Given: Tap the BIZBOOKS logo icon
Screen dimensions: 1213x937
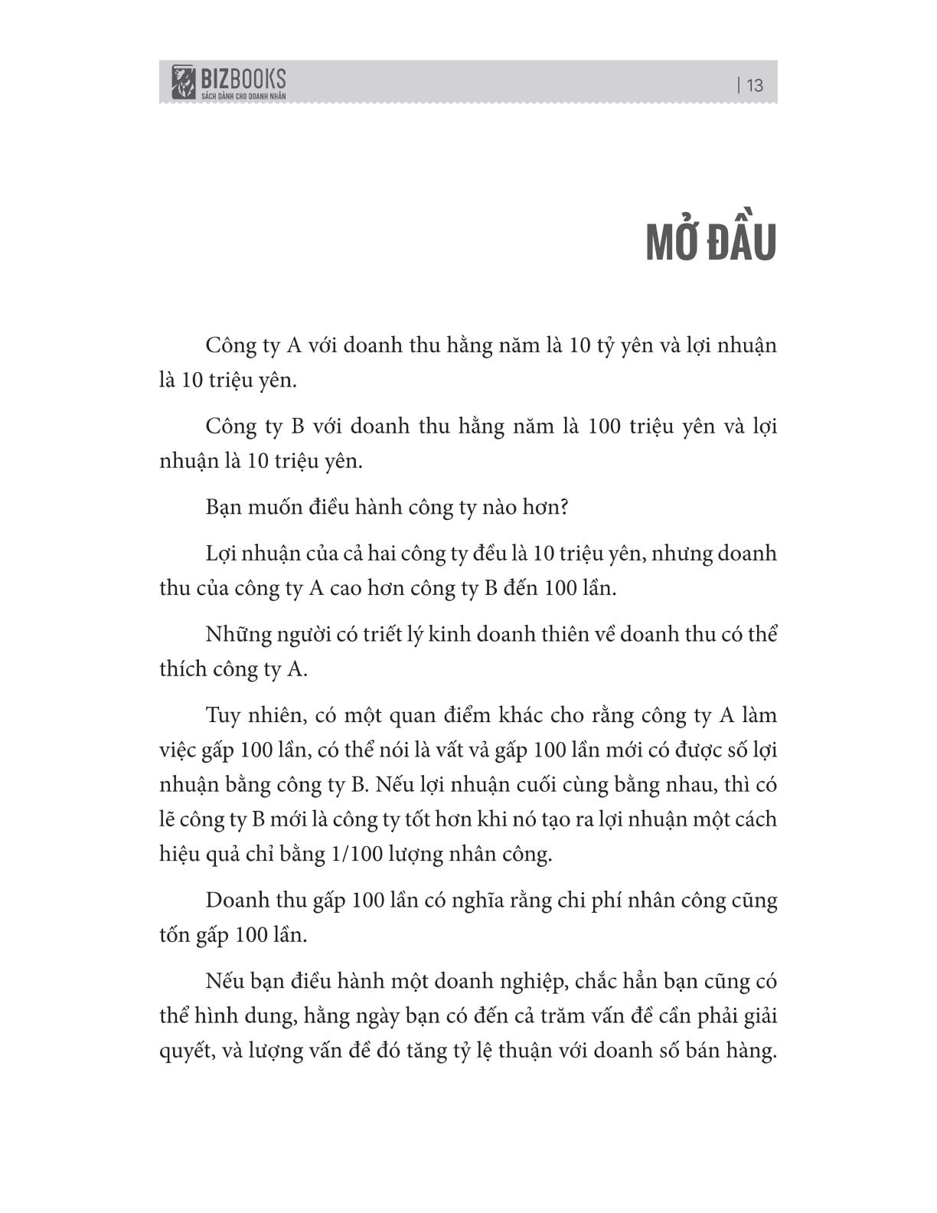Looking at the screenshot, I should coord(184,82).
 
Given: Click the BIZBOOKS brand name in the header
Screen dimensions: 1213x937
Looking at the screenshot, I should coord(243,77).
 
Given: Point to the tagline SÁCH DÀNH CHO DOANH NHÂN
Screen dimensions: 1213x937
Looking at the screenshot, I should coord(243,96).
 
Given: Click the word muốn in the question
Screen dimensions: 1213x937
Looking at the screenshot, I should coord(276,508).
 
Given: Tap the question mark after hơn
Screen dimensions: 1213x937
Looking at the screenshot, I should coord(564,508).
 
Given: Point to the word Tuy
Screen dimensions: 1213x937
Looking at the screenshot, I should coord(223,716).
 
